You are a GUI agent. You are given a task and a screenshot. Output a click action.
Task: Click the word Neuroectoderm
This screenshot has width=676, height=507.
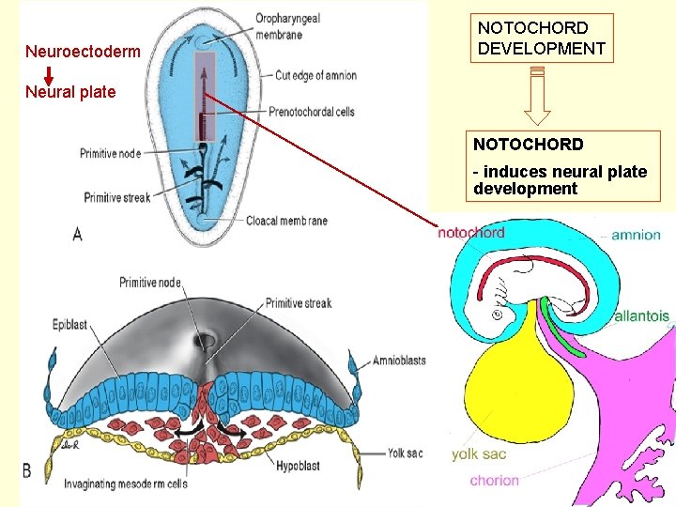pos(83,52)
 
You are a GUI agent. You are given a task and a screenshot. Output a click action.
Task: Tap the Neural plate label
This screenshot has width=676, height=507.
pos(70,92)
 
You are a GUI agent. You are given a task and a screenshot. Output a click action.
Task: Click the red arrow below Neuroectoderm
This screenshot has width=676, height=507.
pos(49,72)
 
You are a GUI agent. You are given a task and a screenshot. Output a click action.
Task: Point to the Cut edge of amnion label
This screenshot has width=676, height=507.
pos(315,76)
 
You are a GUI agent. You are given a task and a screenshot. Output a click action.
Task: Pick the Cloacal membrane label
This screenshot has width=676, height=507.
pos(286,221)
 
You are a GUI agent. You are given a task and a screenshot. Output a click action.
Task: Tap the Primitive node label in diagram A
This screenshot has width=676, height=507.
pos(111,153)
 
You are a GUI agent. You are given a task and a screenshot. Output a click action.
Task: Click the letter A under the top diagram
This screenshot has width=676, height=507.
pos(77,234)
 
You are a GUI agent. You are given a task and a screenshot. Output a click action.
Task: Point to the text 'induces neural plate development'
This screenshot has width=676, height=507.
pos(560,180)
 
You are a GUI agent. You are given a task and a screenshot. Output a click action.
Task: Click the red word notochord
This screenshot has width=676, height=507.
pos(471,232)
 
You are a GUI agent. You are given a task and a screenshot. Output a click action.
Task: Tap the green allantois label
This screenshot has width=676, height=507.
pos(642,316)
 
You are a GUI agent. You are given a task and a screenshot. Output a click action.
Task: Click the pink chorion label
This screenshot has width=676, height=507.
pos(495,481)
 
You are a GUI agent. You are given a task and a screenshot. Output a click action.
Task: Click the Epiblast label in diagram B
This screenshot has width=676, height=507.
pos(70,325)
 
